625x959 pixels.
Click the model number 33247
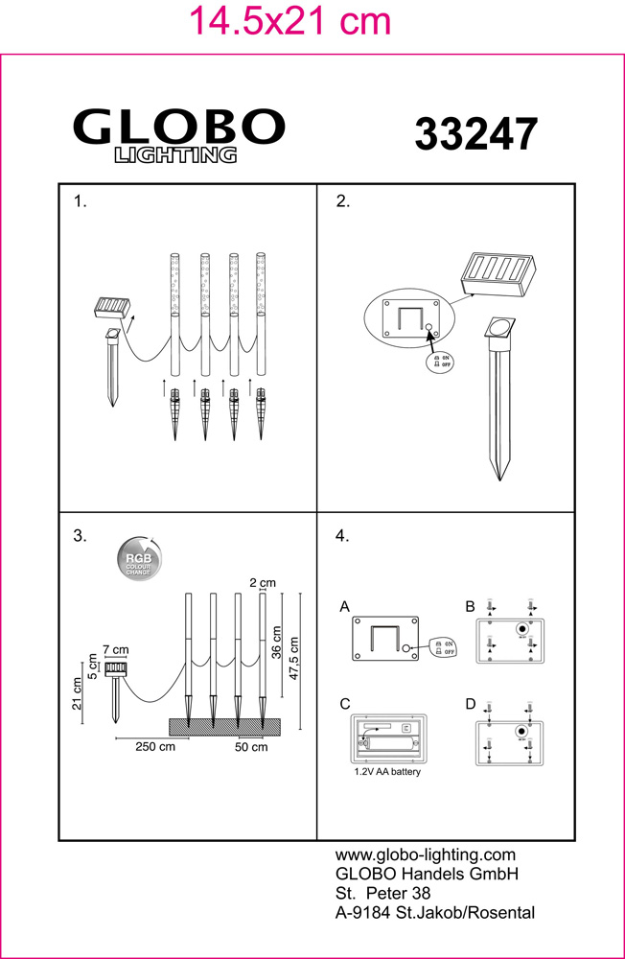[x=475, y=134]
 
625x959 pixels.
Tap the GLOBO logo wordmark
[x=179, y=127]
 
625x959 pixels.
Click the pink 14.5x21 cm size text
[x=290, y=20]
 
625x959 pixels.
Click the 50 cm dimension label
[x=251, y=747]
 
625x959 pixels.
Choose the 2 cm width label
[x=262, y=582]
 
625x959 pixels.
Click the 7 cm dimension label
[x=115, y=651]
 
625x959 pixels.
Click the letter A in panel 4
[x=345, y=607]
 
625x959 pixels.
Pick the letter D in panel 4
[x=470, y=704]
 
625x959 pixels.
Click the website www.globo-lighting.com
[x=426, y=854]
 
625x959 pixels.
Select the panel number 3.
[x=80, y=536]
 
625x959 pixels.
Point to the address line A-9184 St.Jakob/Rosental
[x=434, y=912]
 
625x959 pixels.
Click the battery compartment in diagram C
[x=388, y=740]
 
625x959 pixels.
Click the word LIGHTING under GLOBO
[x=176, y=155]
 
